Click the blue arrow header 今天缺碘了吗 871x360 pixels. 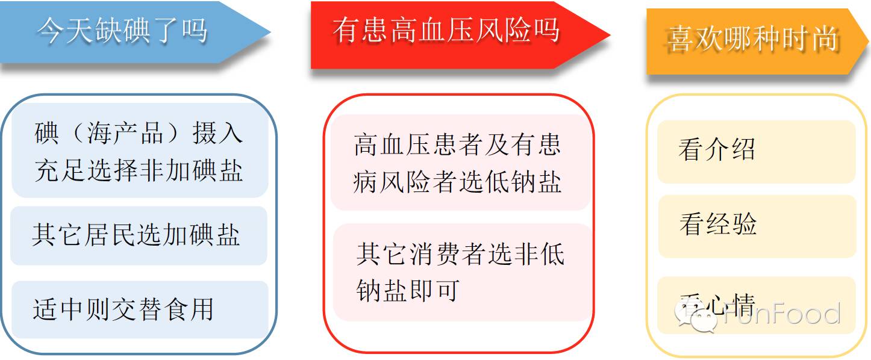click(132, 32)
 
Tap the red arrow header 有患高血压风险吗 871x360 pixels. click(459, 35)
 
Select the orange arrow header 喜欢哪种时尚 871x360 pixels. click(757, 41)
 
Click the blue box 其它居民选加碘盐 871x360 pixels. click(139, 235)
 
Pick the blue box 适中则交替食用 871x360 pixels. click(140, 309)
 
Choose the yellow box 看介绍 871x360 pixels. click(757, 152)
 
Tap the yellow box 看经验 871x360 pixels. click(757, 226)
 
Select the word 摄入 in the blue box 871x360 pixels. click(217, 133)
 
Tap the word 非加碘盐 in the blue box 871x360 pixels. click(191, 170)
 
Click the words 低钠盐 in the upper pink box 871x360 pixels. click(523, 182)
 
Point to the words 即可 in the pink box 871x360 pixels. click(434, 290)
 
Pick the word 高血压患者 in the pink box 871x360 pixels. click(418, 144)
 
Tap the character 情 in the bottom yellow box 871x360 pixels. click(743, 305)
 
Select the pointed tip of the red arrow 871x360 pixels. click(610, 35)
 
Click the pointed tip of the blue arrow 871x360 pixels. click(270, 32)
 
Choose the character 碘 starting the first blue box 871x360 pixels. click(46, 133)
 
